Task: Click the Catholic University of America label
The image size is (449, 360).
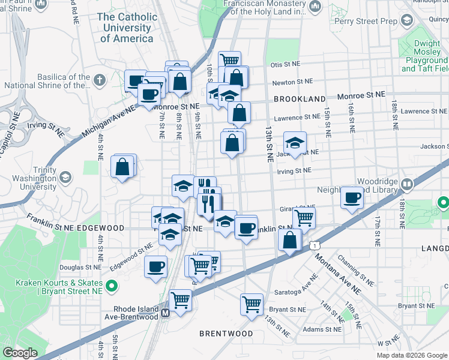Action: (x=127, y=28)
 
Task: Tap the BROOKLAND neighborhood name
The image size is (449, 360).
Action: (x=300, y=98)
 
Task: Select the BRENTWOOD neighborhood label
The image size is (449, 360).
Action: (x=226, y=333)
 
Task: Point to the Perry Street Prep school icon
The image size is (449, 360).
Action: (x=407, y=20)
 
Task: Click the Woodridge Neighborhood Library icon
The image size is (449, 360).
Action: (x=407, y=184)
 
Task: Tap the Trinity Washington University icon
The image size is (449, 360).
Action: (x=65, y=177)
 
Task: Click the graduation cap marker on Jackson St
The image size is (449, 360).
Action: (x=295, y=143)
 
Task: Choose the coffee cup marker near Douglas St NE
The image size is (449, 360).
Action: (x=156, y=265)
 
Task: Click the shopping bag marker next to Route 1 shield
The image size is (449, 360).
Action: (x=290, y=239)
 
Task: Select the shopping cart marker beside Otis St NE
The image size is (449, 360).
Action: (x=229, y=61)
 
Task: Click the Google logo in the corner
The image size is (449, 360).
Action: (x=20, y=353)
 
